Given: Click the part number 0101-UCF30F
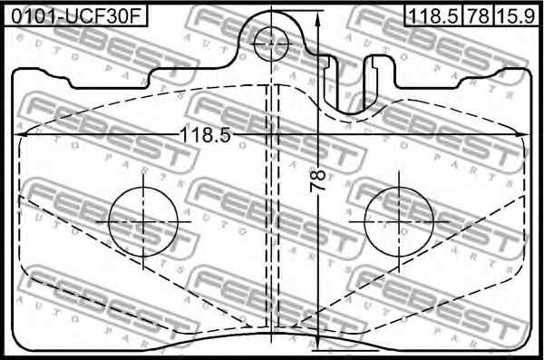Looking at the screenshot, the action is click(75, 16).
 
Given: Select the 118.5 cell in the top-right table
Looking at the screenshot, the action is click(433, 16).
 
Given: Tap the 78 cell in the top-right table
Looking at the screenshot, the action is click(478, 16).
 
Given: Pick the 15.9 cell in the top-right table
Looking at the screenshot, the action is click(516, 16).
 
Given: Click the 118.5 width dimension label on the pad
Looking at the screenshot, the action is click(206, 135).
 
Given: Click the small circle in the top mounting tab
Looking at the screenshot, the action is click(271, 44).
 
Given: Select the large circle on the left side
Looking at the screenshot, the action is click(143, 221).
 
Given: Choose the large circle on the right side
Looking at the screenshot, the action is click(399, 221).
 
